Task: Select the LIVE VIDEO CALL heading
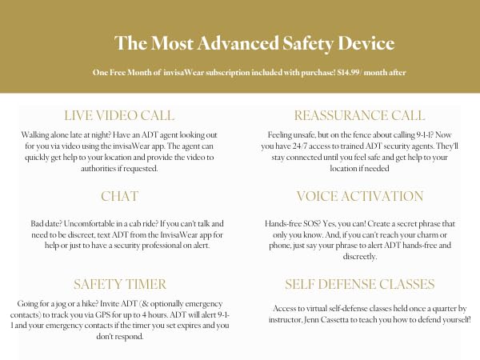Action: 119,115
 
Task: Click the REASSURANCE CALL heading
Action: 359,115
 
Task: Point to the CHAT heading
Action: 121,196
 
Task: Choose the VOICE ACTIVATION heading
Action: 359,196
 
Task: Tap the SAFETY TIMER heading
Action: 120,284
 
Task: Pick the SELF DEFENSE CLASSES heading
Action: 359,284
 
